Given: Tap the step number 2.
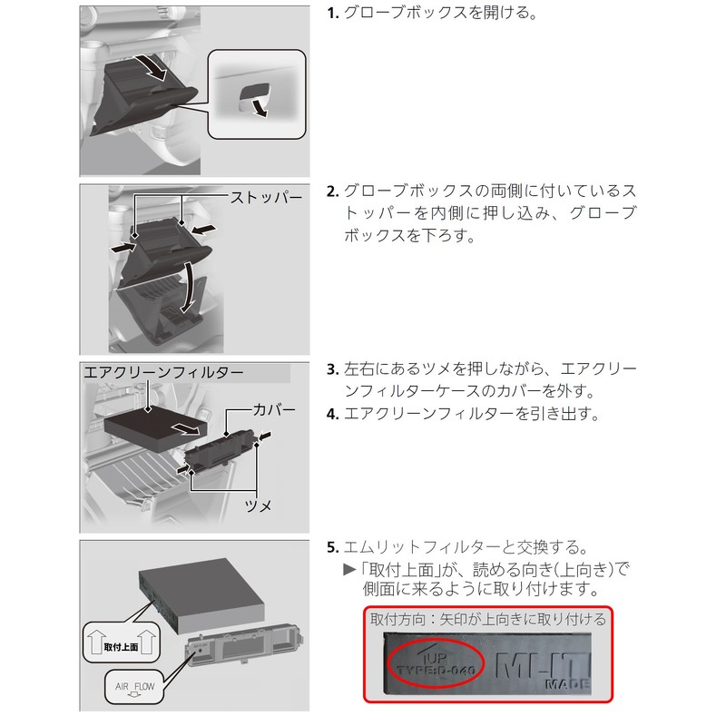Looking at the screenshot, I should (x=332, y=191).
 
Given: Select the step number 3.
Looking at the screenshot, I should (x=331, y=371).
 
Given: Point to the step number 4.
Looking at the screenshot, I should (x=331, y=415).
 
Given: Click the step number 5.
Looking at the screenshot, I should (x=331, y=548).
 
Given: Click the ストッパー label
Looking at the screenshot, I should (x=265, y=195).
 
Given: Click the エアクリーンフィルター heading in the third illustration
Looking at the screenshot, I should (x=163, y=372).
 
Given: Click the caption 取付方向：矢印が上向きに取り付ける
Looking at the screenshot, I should (x=487, y=619).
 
